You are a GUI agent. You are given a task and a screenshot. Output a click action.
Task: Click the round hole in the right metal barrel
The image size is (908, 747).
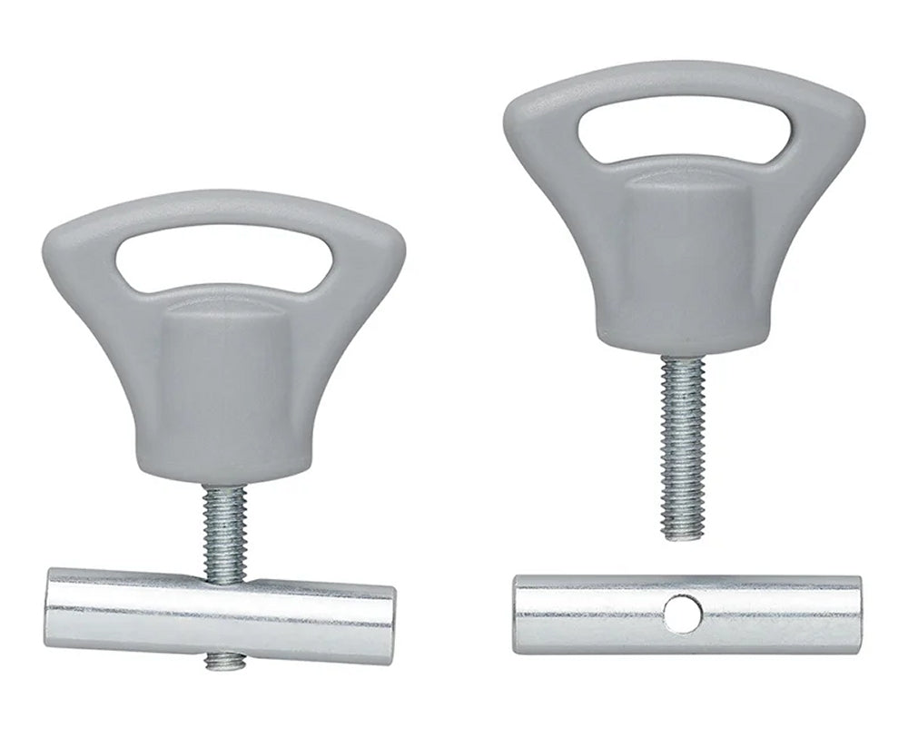click(x=682, y=614)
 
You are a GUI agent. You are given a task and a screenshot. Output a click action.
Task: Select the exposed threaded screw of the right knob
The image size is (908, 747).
click(x=682, y=445)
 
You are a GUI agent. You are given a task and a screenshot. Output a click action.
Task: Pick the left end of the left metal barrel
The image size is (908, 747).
click(x=51, y=605)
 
